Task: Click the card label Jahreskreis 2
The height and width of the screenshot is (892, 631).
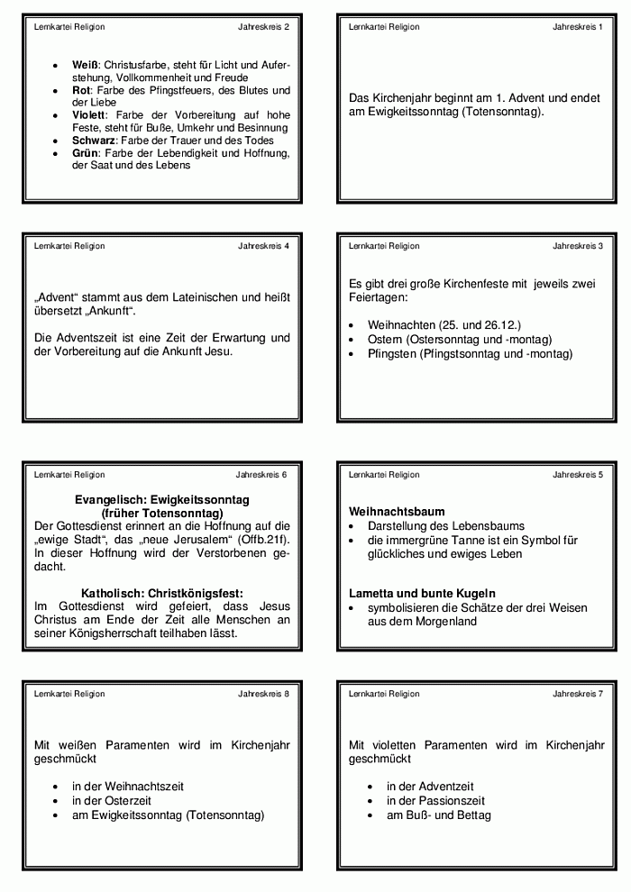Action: tap(263, 27)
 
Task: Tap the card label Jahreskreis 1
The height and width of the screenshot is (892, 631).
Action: tap(578, 27)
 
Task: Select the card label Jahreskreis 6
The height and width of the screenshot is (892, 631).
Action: tap(261, 475)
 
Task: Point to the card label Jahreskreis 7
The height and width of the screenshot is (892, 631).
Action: tap(578, 694)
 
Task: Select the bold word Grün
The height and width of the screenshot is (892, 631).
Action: tap(86, 153)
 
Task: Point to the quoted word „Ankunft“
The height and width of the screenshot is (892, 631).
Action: tap(105, 311)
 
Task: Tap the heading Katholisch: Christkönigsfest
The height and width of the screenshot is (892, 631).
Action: tap(162, 594)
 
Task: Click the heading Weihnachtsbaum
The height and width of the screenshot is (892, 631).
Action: tap(397, 512)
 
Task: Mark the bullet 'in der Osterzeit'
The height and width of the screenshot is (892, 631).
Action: tap(112, 800)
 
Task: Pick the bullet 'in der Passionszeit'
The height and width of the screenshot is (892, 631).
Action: tap(435, 800)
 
